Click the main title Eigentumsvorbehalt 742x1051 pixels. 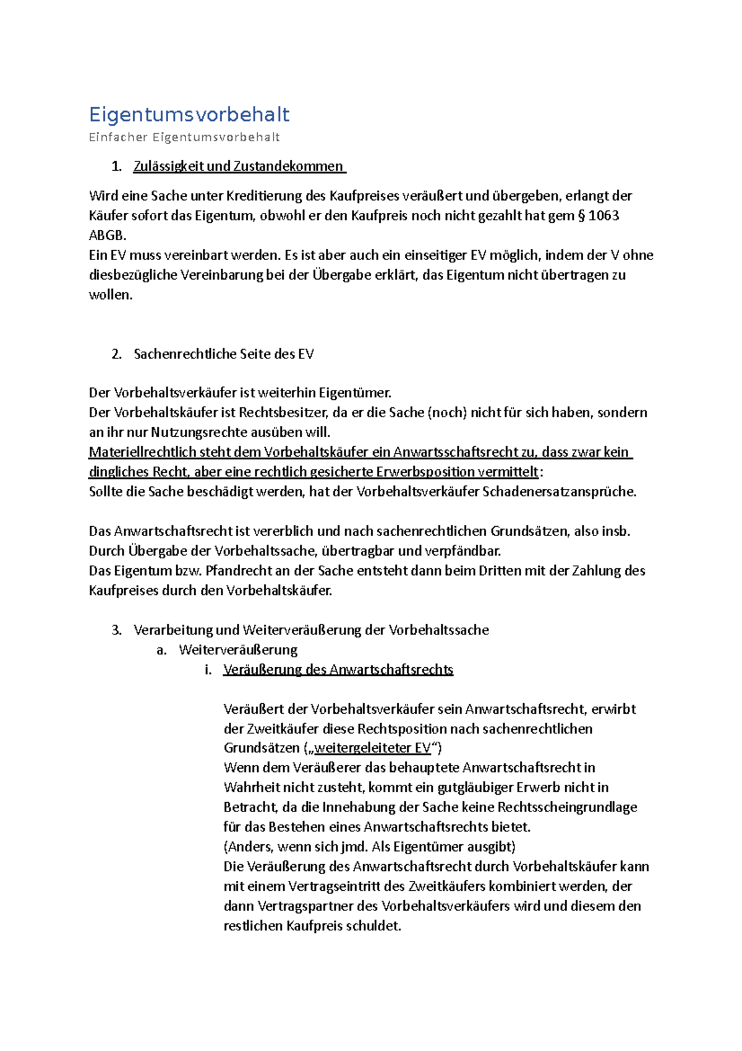coord(189,115)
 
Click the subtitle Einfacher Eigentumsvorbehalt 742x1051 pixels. coord(184,137)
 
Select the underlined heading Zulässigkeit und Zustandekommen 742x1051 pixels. coord(238,166)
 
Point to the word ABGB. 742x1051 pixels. coord(107,235)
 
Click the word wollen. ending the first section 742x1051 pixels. coord(111,295)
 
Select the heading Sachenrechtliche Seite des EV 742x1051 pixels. coord(223,354)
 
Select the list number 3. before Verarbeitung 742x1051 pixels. coord(116,630)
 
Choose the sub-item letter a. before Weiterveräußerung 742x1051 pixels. coord(161,650)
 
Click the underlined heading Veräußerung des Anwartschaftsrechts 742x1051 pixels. coord(338,670)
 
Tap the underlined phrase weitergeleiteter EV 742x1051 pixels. coord(372,748)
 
